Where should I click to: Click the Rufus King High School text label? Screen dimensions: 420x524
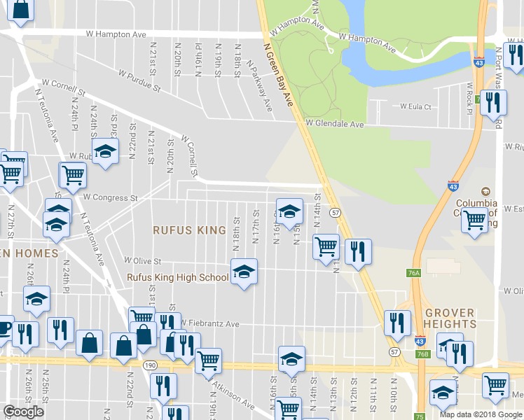[177, 277]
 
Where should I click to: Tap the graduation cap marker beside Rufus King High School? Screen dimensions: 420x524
[243, 272]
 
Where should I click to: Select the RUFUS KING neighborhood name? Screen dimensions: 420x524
[190, 230]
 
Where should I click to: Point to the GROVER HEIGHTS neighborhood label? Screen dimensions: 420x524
[449, 318]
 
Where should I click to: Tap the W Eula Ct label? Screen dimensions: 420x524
[415, 107]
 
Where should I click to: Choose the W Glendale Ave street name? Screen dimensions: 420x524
[335, 124]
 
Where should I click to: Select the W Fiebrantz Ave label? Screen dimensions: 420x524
[210, 323]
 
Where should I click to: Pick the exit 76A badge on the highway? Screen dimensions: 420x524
[413, 273]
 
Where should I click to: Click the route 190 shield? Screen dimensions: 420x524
[150, 365]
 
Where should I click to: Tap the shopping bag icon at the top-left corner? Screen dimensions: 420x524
[20, 10]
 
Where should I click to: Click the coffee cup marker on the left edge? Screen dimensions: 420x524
[4, 328]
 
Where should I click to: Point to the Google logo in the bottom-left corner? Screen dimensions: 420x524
[24, 412]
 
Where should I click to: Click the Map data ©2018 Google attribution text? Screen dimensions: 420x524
[480, 414]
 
